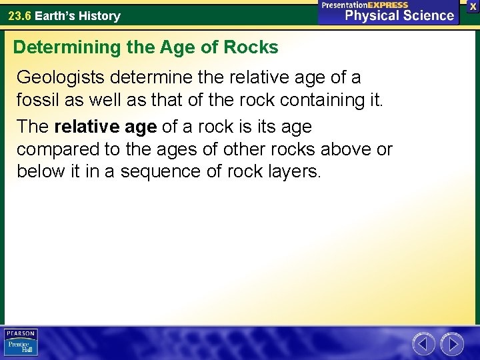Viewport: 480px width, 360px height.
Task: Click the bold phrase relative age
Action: [105, 126]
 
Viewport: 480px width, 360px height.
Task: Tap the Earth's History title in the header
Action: [77, 15]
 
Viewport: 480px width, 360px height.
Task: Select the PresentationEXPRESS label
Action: [365, 5]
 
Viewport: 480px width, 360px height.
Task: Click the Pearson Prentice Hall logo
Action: [21, 343]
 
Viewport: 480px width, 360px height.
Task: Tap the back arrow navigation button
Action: [423, 344]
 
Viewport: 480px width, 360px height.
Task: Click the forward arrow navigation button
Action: [453, 344]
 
